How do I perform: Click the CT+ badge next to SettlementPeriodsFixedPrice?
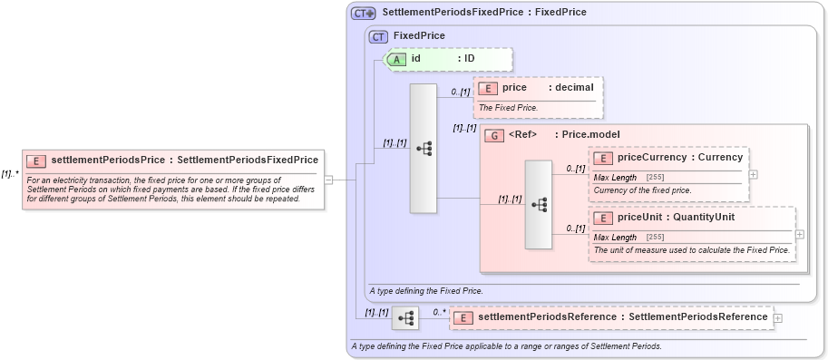pyautogui.click(x=364, y=13)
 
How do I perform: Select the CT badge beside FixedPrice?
pyautogui.click(x=379, y=36)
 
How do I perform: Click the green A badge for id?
pyautogui.click(x=398, y=59)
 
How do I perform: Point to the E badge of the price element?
pyautogui.click(x=488, y=88)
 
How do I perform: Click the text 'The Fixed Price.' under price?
pyautogui.click(x=508, y=108)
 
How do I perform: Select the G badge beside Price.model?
pyautogui.click(x=495, y=135)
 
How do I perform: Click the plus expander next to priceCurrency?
pyautogui.click(x=754, y=174)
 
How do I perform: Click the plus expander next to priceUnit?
pyautogui.click(x=799, y=234)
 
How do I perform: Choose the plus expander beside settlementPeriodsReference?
pyautogui.click(x=778, y=317)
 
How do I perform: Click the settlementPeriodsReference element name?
pyautogui.click(x=547, y=317)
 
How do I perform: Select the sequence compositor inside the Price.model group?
pyautogui.click(x=538, y=204)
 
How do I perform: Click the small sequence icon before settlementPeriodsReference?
pyautogui.click(x=405, y=317)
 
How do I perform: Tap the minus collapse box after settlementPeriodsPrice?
pyautogui.click(x=328, y=179)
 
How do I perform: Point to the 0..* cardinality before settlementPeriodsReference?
pyautogui.click(x=440, y=312)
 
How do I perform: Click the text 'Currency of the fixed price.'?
pyautogui.click(x=642, y=190)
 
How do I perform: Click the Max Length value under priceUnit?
pyautogui.click(x=655, y=238)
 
